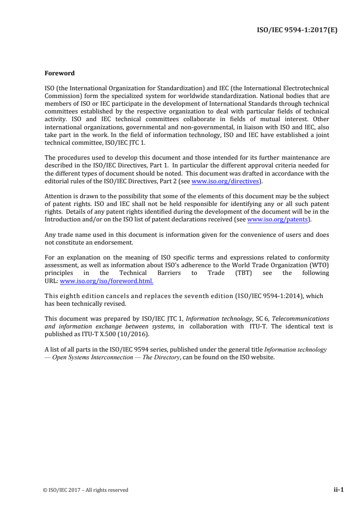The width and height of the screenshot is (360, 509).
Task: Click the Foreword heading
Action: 59,73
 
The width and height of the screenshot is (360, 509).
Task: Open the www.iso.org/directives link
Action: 225,181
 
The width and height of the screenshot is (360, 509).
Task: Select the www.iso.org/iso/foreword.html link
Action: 107,281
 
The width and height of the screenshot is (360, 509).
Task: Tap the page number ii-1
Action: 339,489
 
